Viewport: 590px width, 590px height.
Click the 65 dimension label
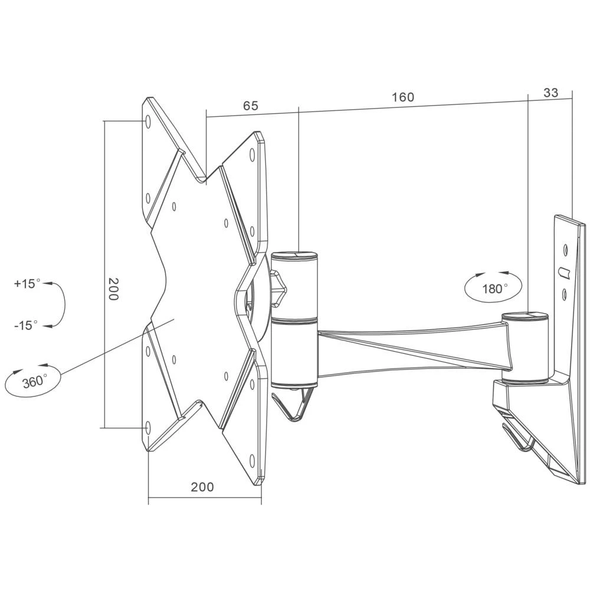point(251,106)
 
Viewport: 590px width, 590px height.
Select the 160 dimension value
point(403,97)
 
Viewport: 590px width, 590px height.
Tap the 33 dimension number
point(550,93)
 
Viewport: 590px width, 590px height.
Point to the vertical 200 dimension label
point(113,289)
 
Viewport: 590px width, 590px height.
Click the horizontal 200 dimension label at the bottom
point(202,487)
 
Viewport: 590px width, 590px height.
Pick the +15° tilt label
point(27,283)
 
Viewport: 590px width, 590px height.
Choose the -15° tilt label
point(26,325)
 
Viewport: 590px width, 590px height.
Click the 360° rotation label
point(34,382)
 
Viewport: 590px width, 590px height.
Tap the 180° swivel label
point(495,289)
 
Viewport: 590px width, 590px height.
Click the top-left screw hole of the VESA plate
point(148,122)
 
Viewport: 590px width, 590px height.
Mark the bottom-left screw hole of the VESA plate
point(147,428)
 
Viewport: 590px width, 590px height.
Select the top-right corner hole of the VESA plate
point(252,155)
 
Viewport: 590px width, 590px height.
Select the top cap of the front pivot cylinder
point(294,256)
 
